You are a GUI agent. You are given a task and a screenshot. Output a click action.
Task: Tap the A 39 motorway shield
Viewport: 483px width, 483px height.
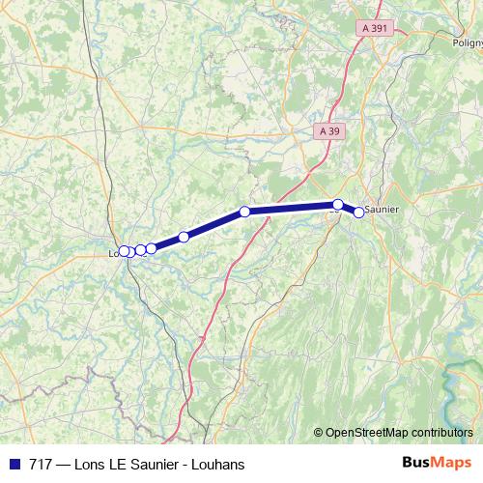point(329,131)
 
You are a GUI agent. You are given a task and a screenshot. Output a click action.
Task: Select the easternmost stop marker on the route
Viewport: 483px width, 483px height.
point(359,213)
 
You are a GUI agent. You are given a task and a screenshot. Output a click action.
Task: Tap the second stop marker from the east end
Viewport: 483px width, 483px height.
point(338,204)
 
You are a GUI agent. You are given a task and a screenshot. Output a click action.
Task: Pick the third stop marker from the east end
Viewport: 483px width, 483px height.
point(245,212)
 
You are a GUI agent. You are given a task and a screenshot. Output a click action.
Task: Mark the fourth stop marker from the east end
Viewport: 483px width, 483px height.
point(184,237)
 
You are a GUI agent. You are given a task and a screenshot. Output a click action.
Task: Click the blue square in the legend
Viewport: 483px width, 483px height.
point(14,465)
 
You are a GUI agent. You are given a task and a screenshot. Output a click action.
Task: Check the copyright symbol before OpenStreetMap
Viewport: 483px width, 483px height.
point(318,433)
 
